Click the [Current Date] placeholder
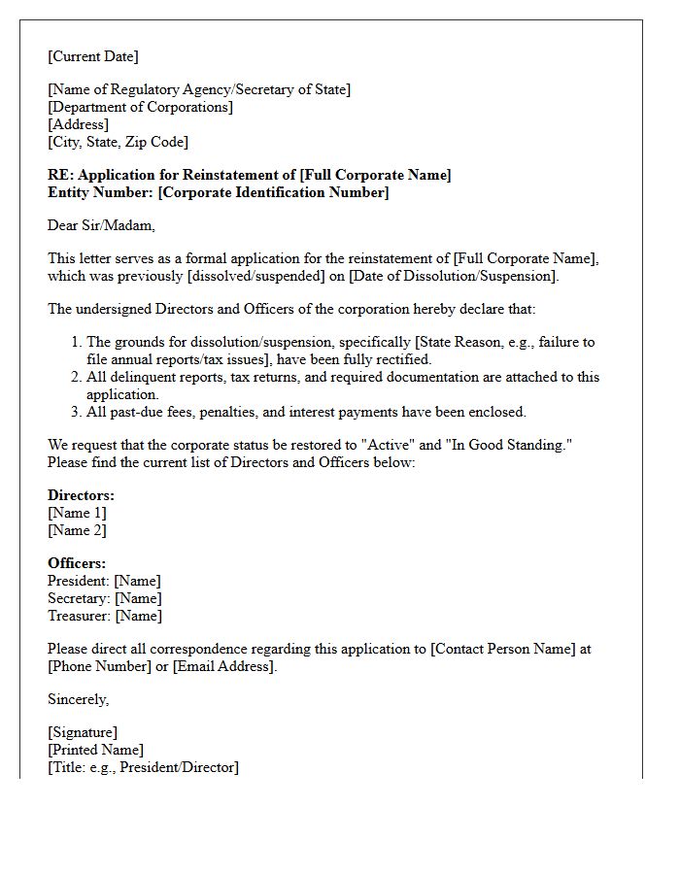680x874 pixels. tap(93, 56)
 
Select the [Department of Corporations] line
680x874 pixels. tap(140, 107)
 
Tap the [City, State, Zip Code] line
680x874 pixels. tap(118, 142)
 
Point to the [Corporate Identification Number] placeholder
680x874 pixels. tap(273, 192)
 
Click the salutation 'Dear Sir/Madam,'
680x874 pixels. tap(101, 225)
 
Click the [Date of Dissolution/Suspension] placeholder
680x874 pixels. tap(455, 276)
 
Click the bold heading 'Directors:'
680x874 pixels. tap(81, 495)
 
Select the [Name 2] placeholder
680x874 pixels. tap(77, 530)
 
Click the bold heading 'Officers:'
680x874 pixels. tap(77, 563)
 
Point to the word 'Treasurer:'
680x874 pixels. tap(79, 616)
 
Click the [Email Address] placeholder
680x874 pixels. tap(224, 666)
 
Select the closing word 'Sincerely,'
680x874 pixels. tap(79, 699)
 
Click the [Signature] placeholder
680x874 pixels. tap(83, 732)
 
